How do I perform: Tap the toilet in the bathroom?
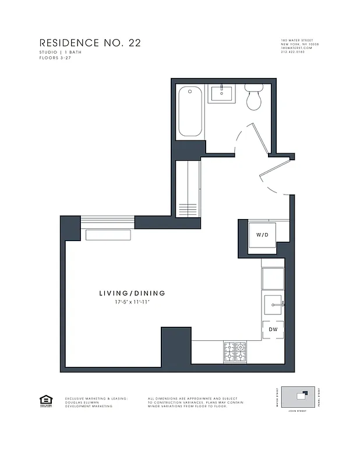[x=253, y=98]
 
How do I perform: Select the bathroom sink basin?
[x=221, y=93]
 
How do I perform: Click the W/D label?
[x=262, y=235]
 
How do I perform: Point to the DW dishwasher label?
[x=273, y=330]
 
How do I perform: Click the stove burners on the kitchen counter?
[x=235, y=351]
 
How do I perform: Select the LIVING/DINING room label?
[x=132, y=294]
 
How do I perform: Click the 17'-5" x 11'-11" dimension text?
[x=132, y=303]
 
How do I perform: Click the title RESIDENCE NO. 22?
[x=90, y=43]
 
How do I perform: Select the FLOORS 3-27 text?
[x=54, y=58]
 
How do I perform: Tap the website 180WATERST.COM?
[x=297, y=48]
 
